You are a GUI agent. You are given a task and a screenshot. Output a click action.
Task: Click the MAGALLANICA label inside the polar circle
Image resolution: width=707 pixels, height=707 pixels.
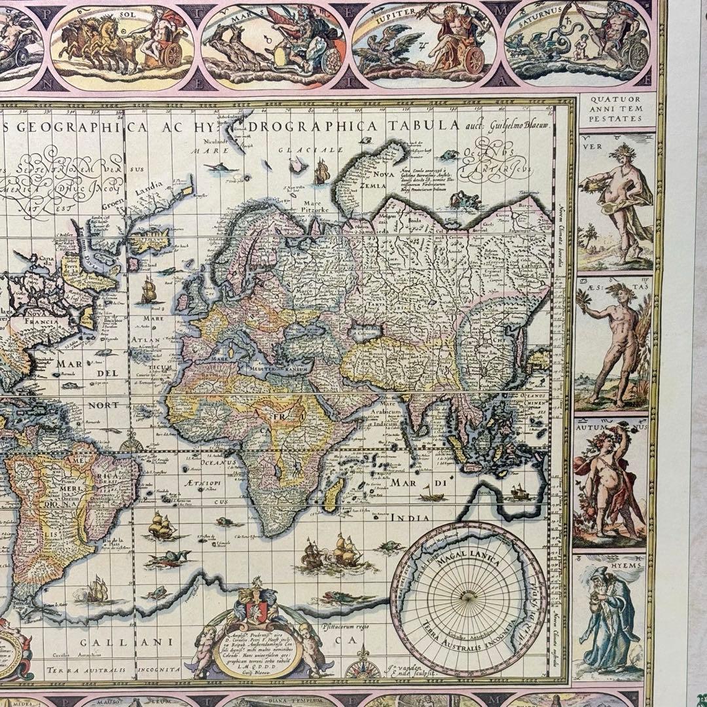click(469, 560)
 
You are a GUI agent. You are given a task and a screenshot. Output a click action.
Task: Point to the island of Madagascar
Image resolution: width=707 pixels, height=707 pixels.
click(332, 493)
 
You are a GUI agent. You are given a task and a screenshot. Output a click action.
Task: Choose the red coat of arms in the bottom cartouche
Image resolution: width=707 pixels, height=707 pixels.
click(257, 609)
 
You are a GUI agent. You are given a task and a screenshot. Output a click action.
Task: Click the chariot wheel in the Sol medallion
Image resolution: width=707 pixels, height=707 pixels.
click(172, 56)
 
